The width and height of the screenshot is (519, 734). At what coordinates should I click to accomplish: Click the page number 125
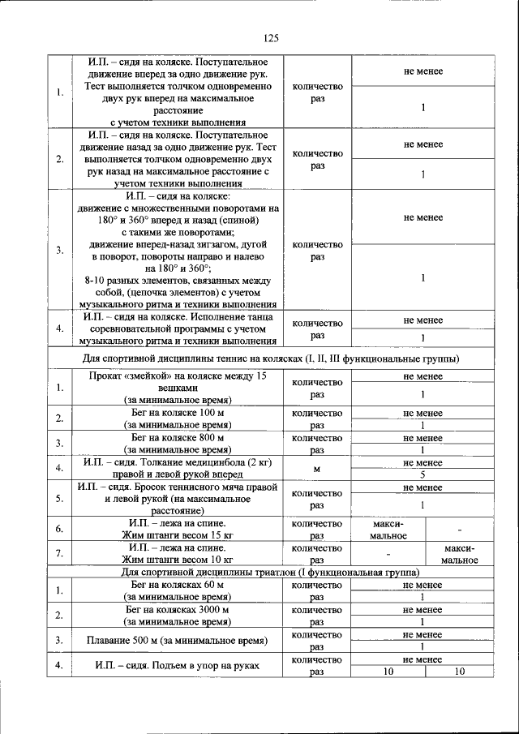click(271, 38)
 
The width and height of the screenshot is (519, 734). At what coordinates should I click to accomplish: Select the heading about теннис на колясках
click(271, 358)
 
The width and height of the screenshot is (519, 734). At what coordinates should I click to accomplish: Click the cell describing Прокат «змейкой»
click(178, 388)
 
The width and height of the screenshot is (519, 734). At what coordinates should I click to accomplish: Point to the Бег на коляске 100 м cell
click(178, 419)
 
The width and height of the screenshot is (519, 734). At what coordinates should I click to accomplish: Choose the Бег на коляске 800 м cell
click(178, 443)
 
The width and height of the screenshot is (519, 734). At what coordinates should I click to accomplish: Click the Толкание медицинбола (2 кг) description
click(178, 468)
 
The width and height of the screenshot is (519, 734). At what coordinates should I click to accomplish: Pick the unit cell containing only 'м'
click(317, 468)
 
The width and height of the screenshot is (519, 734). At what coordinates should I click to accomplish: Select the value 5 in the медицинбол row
click(422, 474)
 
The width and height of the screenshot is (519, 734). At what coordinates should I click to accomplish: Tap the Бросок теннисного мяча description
click(178, 499)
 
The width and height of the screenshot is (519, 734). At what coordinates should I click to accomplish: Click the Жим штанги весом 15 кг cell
click(178, 530)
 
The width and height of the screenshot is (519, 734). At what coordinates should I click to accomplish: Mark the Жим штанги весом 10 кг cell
click(178, 554)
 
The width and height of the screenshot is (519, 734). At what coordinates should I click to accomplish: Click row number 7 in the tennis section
click(60, 554)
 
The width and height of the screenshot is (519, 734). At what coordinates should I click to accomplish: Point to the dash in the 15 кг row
click(459, 530)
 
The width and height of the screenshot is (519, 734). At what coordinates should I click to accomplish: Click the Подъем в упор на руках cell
click(178, 666)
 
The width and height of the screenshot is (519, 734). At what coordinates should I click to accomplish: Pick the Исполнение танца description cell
click(178, 328)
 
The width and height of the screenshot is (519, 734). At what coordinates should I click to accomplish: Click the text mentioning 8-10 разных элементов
click(178, 280)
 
